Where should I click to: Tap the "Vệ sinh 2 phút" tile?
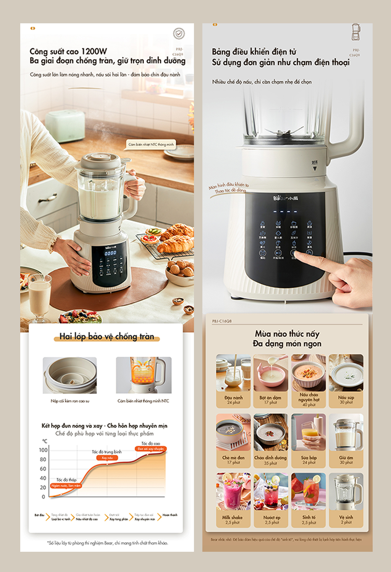[x=346, y=500]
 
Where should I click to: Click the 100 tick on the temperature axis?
[x=44, y=450]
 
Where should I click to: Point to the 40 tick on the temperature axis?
[x=44, y=478]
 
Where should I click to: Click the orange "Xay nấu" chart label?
[x=107, y=457]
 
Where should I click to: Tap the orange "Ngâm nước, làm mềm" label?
[x=66, y=486]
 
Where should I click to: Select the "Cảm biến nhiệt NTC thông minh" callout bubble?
[x=151, y=144]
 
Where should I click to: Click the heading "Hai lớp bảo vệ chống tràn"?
[x=107, y=336]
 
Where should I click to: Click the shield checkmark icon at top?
[x=179, y=34]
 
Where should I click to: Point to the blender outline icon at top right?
[x=355, y=32]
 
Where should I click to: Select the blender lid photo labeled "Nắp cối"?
[x=70, y=375]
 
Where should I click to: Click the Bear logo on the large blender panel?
[x=286, y=198]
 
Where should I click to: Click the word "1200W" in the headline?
[x=94, y=51]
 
